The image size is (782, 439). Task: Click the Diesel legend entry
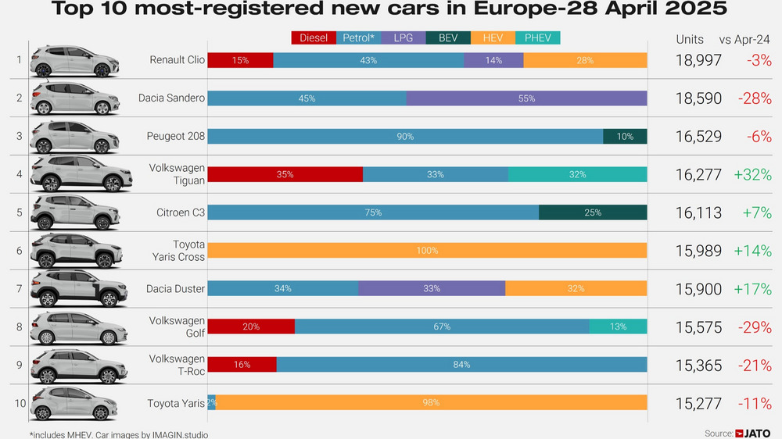(x=314, y=37)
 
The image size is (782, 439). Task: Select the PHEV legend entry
(x=537, y=37)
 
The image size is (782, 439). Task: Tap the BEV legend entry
(x=448, y=37)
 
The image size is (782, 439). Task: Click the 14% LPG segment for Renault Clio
(x=493, y=60)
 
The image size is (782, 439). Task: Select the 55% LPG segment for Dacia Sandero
(x=526, y=98)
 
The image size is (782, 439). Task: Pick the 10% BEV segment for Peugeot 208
(x=625, y=137)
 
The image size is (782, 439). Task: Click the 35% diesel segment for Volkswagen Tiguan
(x=285, y=174)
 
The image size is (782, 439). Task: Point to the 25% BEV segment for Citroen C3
(x=593, y=212)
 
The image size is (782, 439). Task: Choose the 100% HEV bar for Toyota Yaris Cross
(x=427, y=251)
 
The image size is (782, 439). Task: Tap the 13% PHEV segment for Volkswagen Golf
(x=618, y=327)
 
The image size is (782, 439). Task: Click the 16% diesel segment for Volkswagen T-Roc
(x=242, y=365)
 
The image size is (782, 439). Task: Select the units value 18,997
(x=698, y=60)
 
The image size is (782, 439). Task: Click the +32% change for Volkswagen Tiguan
(x=752, y=175)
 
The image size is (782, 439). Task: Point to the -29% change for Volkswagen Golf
(x=755, y=327)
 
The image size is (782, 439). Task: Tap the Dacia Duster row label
(x=175, y=289)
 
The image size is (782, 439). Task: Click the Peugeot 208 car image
(x=75, y=136)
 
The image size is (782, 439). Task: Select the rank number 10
(x=20, y=404)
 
